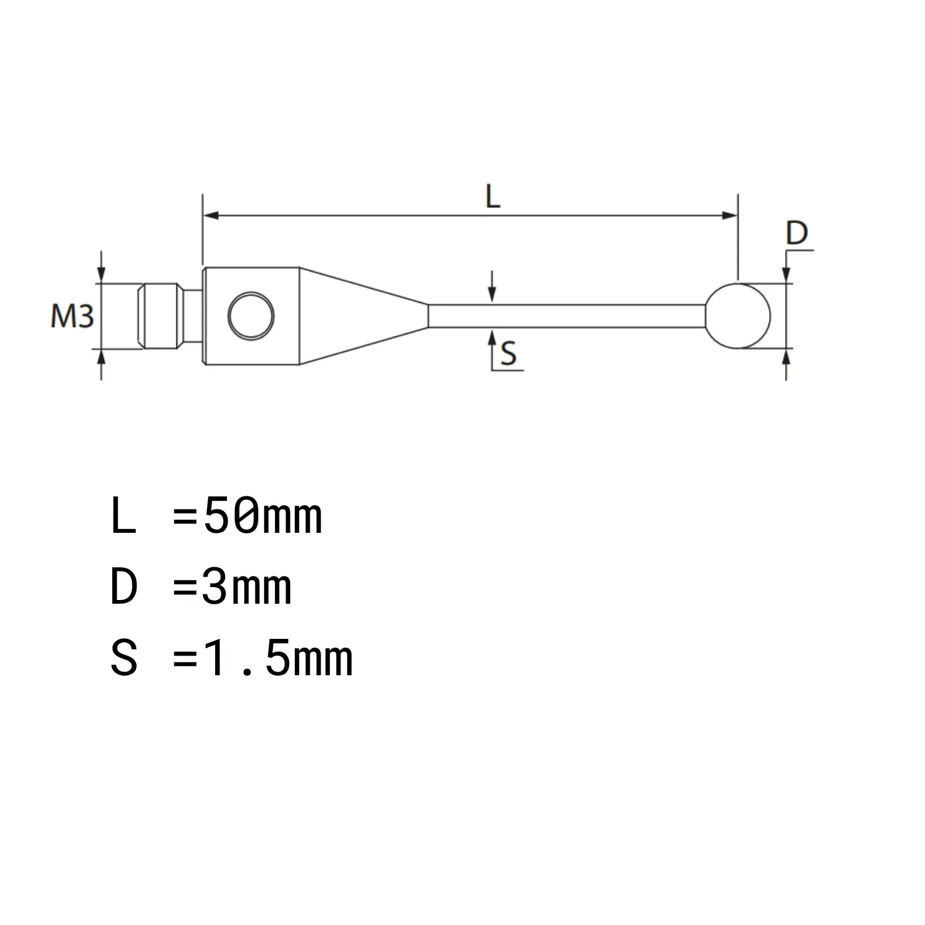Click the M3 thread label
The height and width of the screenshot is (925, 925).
(x=72, y=317)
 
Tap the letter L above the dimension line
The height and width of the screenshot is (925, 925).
(x=492, y=197)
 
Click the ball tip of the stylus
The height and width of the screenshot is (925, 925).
(x=738, y=316)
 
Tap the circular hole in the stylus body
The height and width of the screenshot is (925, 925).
(x=251, y=316)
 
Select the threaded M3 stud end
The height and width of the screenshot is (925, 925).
(x=160, y=316)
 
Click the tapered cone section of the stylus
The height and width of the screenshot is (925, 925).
(x=364, y=316)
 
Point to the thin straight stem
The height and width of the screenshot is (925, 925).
(x=567, y=316)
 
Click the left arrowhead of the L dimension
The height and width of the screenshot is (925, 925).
(x=211, y=215)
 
